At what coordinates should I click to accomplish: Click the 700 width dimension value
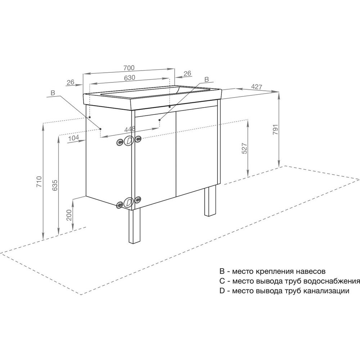click(x=129, y=68)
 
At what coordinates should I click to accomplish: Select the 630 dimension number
click(x=130, y=78)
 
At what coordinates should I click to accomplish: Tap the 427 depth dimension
click(x=256, y=87)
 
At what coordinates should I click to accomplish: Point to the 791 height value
click(x=275, y=130)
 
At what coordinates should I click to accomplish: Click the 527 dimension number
click(x=244, y=148)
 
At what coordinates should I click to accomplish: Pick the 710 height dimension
click(x=39, y=181)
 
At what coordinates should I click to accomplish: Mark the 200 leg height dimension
click(x=69, y=215)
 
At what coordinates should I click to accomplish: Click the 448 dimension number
click(x=130, y=129)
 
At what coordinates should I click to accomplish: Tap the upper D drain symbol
click(x=129, y=141)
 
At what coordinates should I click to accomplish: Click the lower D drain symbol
click(x=129, y=202)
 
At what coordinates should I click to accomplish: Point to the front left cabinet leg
click(x=134, y=226)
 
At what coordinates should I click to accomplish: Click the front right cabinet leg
click(x=210, y=201)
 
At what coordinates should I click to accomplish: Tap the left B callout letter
click(x=53, y=93)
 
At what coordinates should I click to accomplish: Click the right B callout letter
click(x=207, y=80)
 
